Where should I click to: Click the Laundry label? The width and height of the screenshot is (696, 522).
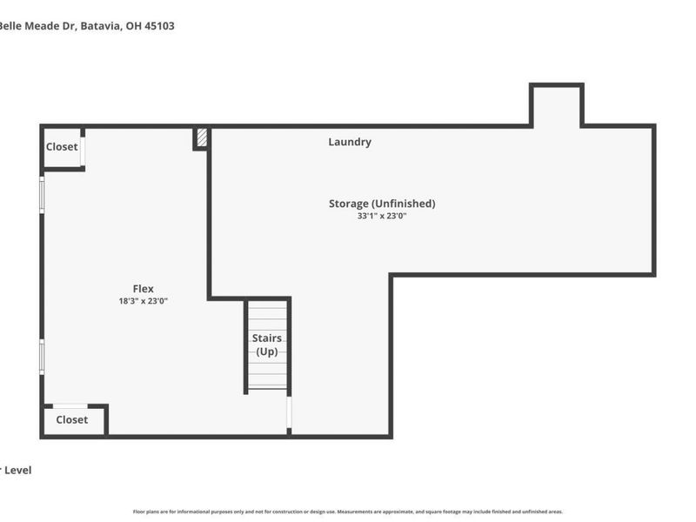pos(350,142)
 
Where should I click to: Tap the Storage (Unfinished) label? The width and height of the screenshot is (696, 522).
pos(381,204)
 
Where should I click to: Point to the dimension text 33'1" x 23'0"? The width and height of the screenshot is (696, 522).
pos(381,217)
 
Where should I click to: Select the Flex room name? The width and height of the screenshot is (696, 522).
pos(143,289)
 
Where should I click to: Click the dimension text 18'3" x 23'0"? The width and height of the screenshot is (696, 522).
pos(143,301)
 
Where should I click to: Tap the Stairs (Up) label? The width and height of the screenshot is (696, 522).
pos(266,345)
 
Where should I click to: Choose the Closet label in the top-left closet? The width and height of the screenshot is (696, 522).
pos(62,147)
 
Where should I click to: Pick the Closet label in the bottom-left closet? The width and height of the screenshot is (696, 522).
pos(71,419)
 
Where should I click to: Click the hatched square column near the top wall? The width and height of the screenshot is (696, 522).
pos(202,137)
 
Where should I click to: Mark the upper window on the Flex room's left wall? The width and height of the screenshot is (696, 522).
pos(42,194)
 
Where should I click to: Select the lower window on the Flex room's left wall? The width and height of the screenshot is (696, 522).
pos(42,357)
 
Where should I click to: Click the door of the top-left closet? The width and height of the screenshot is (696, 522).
pos(84,150)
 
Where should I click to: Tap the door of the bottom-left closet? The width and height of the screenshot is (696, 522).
pos(70,405)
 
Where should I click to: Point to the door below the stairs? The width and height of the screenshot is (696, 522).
pos(289,414)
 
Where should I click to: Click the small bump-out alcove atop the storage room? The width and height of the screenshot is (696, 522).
pos(556,106)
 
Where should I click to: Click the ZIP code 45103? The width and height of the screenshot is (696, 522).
pos(158,26)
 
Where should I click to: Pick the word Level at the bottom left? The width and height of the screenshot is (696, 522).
pos(18,470)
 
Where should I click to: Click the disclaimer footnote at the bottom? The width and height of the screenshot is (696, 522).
pos(348,512)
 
